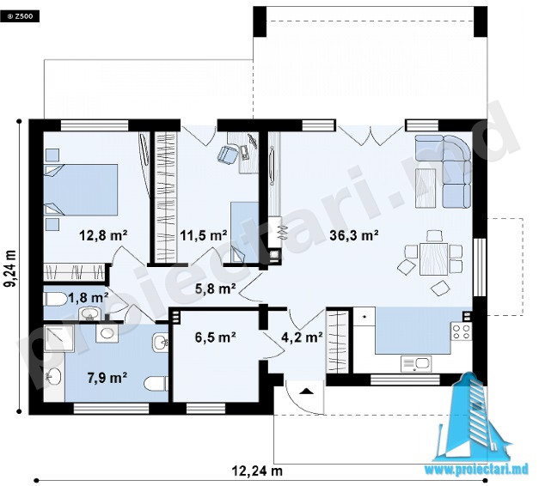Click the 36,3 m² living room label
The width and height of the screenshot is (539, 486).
(354, 235)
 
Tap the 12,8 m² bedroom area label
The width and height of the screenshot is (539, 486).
(103, 235)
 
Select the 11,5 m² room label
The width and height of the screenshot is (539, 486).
(203, 235)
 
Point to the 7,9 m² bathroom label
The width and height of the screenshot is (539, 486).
(107, 378)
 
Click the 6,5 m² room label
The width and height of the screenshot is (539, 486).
(215, 337)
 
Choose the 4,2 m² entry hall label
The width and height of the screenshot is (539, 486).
(302, 337)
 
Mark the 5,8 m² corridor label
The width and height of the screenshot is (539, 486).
(215, 289)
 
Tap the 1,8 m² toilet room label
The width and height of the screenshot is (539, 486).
(89, 297)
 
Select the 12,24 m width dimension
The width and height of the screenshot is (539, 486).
(257, 471)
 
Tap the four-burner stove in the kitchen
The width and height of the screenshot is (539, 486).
(462, 331)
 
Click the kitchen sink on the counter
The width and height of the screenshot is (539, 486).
(416, 364)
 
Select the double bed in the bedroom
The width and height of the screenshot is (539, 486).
(81, 190)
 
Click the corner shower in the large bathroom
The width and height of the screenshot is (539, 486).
(58, 338)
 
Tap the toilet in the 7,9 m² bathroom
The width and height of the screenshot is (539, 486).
(156, 384)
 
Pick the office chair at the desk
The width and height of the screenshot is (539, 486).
(227, 155)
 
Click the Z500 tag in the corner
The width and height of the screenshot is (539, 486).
(20, 16)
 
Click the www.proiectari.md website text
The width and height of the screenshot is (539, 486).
(476, 470)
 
